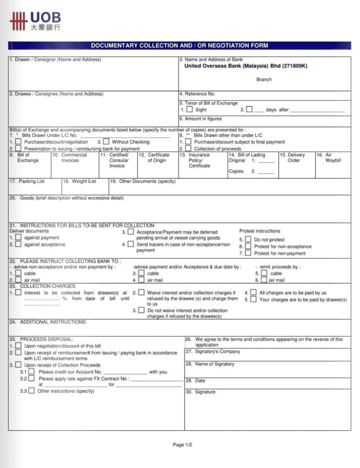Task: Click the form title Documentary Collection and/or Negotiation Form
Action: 180,46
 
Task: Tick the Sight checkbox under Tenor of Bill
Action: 189,110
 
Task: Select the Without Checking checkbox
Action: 106,142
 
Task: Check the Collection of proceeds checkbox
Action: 188,149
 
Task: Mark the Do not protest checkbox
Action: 248,239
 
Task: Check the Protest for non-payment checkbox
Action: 248,253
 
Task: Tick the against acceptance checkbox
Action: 18,245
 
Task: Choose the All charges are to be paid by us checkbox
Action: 253,292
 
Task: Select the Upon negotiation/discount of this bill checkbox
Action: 18,346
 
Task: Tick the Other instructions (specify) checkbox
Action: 31,391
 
